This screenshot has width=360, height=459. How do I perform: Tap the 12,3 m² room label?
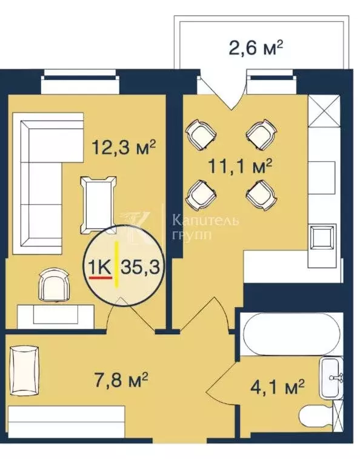pyautogui.click(x=124, y=147)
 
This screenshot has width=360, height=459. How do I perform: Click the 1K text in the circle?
pyautogui.click(x=101, y=266)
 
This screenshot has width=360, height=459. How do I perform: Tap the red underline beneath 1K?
pyautogui.click(x=101, y=278)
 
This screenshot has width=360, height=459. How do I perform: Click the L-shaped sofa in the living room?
pyautogui.click(x=42, y=182)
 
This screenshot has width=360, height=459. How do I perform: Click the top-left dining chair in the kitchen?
pyautogui.click(x=199, y=133)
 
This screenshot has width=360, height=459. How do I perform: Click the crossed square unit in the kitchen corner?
pyautogui.click(x=321, y=111)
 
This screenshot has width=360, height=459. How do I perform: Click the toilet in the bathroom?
pyautogui.click(x=317, y=417)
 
